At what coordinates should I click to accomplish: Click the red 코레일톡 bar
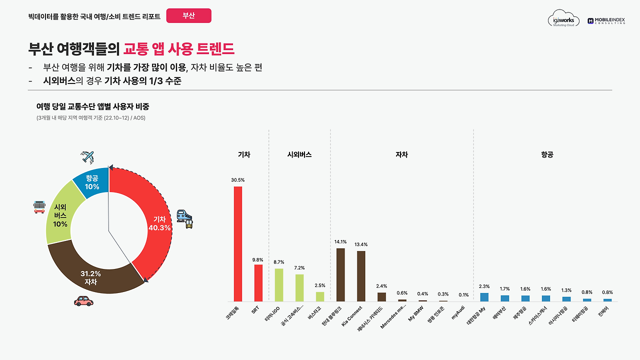click(x=238, y=244)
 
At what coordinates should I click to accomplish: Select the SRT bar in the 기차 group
click(x=258, y=283)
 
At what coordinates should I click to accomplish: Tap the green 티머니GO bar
click(x=279, y=285)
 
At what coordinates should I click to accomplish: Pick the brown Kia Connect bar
click(x=361, y=276)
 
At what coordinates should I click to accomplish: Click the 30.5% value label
click(x=238, y=180)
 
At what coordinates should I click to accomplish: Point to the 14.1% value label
click(x=340, y=242)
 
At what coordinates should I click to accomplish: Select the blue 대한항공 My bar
click(x=484, y=297)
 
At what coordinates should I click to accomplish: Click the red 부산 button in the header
click(x=188, y=15)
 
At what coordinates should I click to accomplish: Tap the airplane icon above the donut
click(x=88, y=157)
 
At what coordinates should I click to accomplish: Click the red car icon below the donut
click(x=83, y=301)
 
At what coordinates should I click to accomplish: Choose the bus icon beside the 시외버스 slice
click(x=39, y=206)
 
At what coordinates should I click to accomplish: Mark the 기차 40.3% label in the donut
click(x=159, y=223)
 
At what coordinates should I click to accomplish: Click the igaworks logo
click(x=563, y=19)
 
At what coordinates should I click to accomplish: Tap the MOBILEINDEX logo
click(x=606, y=20)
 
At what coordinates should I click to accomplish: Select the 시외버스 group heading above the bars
click(x=299, y=155)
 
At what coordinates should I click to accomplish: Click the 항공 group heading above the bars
click(x=547, y=155)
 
